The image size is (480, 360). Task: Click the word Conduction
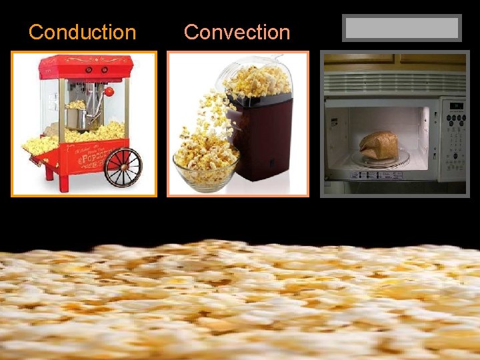click(82, 32)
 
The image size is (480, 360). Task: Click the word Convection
click(237, 32)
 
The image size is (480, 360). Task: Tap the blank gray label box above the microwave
click(401, 28)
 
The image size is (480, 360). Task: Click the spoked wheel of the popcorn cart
click(123, 167)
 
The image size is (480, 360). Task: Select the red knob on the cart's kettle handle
click(109, 91)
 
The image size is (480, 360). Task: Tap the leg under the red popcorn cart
click(47, 173)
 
